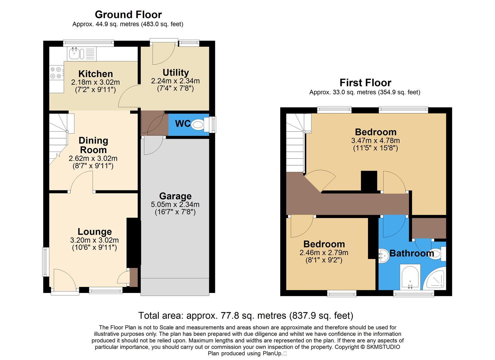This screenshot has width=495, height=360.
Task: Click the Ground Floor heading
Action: tap(128, 15)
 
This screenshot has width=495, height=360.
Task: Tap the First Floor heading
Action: tap(365, 83)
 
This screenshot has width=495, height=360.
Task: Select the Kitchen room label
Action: tap(95, 74)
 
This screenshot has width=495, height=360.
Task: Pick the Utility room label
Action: tap(176, 72)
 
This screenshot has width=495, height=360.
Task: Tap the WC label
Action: tap(183, 124)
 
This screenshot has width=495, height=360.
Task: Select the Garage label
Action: tap(175, 196)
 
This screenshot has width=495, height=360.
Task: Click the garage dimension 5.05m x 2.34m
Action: tap(175, 204)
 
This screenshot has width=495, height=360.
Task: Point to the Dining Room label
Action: tap(93, 145)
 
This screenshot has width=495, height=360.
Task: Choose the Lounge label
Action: tap(95, 232)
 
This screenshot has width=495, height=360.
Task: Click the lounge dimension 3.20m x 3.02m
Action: tap(94, 240)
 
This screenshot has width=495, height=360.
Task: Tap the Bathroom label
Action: tap(412, 253)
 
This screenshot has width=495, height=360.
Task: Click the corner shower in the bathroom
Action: tap(435, 279)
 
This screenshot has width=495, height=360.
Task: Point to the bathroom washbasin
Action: tap(383, 256)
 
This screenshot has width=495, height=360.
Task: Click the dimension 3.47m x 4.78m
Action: tap(375, 141)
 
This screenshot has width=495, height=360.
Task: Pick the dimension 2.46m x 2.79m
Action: tap(324, 253)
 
